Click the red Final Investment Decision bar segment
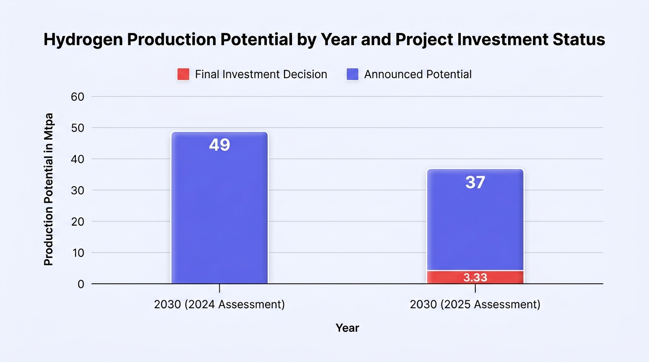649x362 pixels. [475, 277]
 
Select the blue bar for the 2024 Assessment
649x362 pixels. [220, 208]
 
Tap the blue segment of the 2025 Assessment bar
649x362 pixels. [475, 220]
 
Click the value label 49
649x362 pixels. [220, 145]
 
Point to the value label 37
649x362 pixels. [475, 182]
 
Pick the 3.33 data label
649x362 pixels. [475, 278]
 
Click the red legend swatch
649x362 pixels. [183, 74]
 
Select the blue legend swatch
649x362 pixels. [353, 74]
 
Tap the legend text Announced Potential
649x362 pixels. [418, 74]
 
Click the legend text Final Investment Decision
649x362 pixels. [261, 74]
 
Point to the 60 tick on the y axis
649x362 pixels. [77, 97]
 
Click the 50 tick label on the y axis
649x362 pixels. [77, 128]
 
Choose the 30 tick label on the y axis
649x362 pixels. [77, 190]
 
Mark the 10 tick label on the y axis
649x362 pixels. [78, 253]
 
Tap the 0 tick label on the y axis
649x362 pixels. [81, 284]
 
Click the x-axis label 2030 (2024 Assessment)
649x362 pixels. [219, 304]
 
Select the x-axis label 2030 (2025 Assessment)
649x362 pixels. [475, 304]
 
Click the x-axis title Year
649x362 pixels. [348, 328]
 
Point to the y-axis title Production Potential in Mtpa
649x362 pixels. [49, 189]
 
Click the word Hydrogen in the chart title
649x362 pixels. [83, 40]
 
